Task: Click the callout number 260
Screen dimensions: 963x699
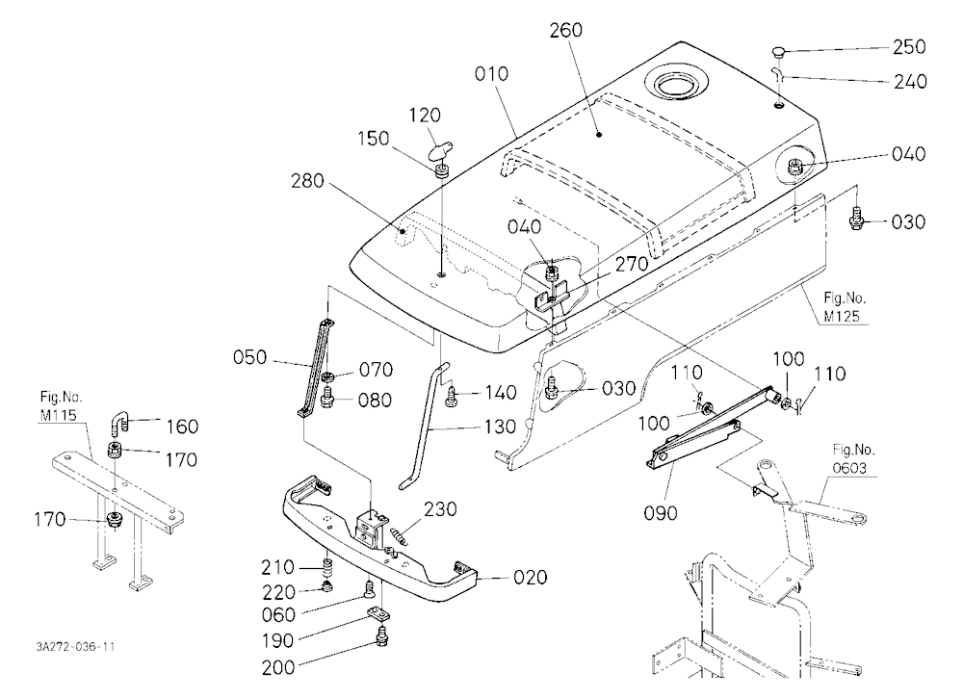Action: (x=565, y=30)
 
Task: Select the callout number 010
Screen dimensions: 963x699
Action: (x=491, y=74)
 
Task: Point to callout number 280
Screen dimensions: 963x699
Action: (x=308, y=181)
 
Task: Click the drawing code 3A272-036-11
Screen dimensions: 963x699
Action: (x=75, y=646)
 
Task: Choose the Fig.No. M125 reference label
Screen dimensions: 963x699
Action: (x=845, y=307)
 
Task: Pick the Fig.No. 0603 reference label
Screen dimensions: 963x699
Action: (x=853, y=459)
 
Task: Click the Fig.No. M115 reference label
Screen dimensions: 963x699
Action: (x=60, y=406)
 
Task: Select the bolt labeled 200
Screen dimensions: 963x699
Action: (x=382, y=636)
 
